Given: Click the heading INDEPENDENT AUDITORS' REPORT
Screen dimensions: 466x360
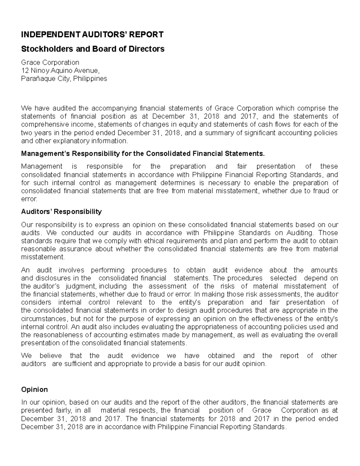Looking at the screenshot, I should (92, 35).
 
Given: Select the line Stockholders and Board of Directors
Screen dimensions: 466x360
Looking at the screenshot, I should (93, 49).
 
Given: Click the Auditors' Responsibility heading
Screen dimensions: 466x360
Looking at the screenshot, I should (61, 212).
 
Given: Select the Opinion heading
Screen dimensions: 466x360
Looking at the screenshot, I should (34, 389).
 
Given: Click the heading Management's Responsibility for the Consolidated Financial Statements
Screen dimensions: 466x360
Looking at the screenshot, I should (143, 154).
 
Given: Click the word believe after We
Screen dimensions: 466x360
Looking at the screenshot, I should (50, 356).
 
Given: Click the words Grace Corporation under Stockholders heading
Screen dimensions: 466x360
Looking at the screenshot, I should (50, 62).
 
